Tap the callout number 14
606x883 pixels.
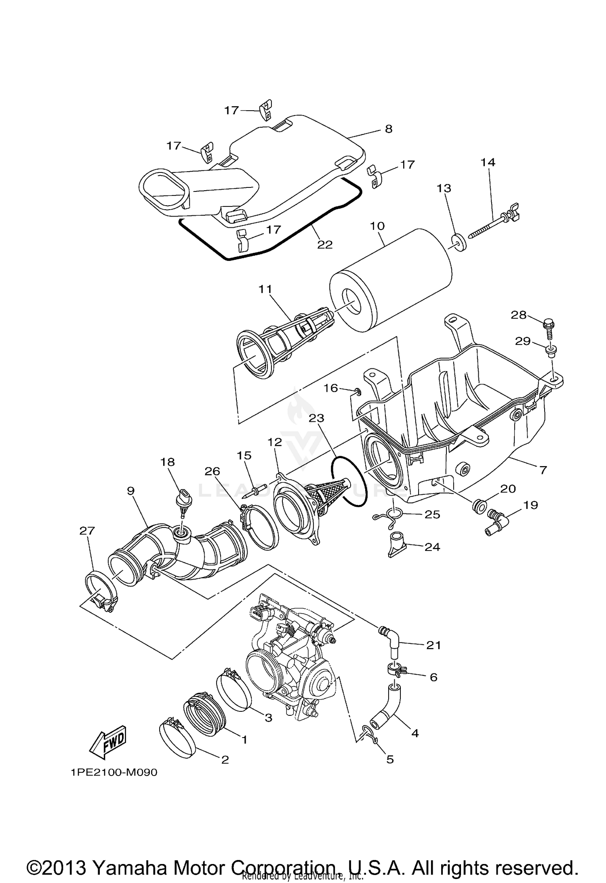coord(488,162)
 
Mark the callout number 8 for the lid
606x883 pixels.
coord(388,129)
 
